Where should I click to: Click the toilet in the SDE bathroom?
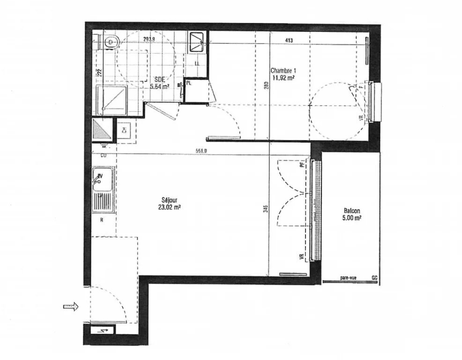(111, 42)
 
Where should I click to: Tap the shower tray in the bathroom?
(111, 99)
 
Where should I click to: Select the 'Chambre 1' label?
(283, 71)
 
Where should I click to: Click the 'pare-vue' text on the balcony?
(348, 278)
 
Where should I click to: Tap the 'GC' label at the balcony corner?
(374, 278)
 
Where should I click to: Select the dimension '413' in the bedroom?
(289, 41)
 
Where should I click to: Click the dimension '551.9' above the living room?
(201, 150)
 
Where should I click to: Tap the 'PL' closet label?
(189, 82)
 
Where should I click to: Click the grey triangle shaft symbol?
(102, 130)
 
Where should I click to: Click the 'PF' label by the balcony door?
(302, 165)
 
